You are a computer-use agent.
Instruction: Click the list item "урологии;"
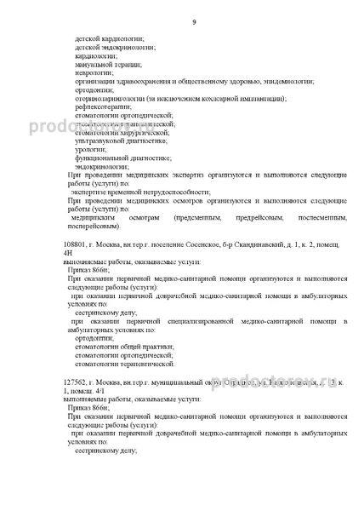pos(90,152)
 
